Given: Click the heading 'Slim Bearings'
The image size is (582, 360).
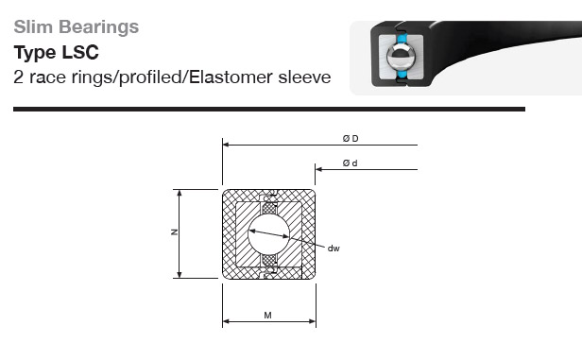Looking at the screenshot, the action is (77, 27).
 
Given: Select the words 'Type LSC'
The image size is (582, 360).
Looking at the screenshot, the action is (57, 52).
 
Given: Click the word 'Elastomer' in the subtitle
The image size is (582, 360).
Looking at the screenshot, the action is (231, 77).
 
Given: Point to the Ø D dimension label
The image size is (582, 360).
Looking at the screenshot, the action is (351, 139).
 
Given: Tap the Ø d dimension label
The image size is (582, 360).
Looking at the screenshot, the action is (350, 163).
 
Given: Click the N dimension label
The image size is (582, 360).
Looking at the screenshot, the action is (174, 231).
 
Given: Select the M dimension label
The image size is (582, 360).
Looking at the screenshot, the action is (267, 315).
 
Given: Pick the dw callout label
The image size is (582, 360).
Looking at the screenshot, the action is (334, 249).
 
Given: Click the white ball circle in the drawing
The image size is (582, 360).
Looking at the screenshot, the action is (268, 234).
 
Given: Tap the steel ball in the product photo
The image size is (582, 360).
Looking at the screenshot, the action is (401, 57).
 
